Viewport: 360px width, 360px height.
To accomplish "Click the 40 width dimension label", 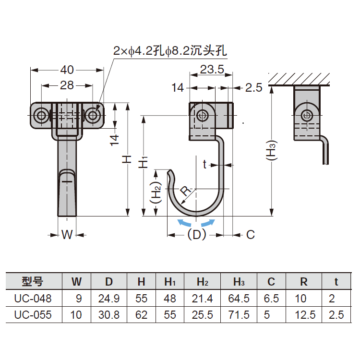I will coord(67,70).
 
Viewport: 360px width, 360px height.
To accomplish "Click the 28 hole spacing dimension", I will coord(67,85).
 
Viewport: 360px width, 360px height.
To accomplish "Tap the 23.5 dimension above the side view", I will coord(212,70).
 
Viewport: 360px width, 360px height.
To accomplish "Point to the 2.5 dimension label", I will coord(253,87).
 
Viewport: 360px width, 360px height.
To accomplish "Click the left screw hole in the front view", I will coord(42,115).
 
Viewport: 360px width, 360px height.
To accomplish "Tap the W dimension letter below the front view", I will coord(67,235).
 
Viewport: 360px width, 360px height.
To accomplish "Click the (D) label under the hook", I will coord(196,235).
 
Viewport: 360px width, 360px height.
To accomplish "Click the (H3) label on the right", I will coord(272,151).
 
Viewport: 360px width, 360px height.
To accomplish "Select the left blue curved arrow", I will coord(184,223).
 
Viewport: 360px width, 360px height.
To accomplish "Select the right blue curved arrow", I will coord(208,223).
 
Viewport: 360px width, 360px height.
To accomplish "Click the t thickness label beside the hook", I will coord(204,165).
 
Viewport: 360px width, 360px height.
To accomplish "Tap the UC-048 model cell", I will coord(33,299).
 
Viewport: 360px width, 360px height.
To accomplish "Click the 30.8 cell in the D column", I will coord(108,315).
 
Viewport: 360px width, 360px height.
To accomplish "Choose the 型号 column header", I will coord(33,281).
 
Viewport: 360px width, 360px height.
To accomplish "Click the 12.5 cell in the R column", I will coord(303,315).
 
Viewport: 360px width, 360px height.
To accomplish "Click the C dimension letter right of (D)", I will coord(250,235).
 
